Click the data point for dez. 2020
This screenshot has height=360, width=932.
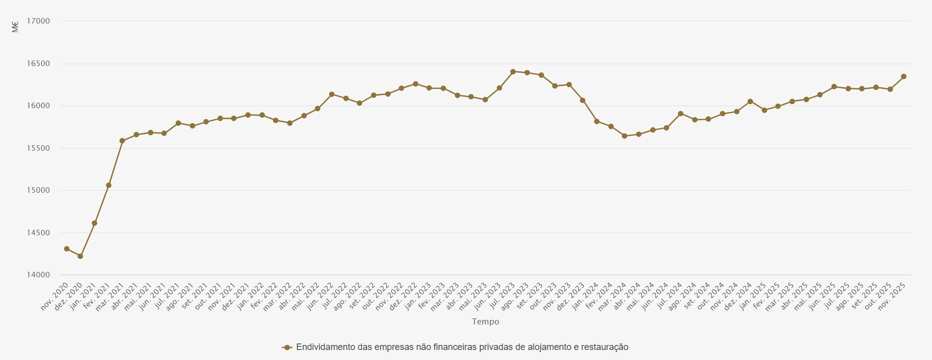click(x=80, y=256)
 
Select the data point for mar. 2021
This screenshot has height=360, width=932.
click(x=122, y=141)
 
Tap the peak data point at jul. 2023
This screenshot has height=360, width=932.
click(x=513, y=72)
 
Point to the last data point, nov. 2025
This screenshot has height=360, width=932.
click(x=904, y=77)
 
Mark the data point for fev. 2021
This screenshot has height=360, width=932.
click(x=109, y=185)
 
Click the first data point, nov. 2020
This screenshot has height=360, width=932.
click(x=67, y=249)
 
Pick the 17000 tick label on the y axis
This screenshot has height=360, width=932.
click(x=39, y=21)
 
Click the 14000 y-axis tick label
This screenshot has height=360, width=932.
click(x=39, y=275)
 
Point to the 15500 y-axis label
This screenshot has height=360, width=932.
click(x=39, y=148)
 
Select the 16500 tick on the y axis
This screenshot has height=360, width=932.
click(x=39, y=64)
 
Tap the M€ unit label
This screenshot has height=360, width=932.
click(x=15, y=27)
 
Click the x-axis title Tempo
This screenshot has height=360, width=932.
click(x=485, y=321)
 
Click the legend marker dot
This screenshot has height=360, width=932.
click(x=287, y=347)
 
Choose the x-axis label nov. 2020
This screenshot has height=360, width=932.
click(x=55, y=296)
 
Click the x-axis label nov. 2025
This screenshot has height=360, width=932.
click(x=892, y=296)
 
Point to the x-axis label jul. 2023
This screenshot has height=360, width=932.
click(x=501, y=296)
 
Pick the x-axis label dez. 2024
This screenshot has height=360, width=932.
click(x=739, y=296)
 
